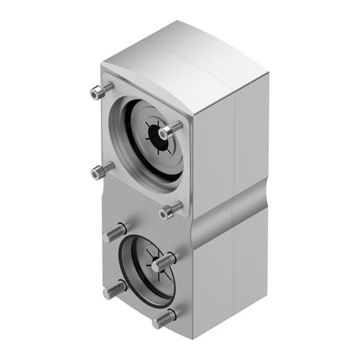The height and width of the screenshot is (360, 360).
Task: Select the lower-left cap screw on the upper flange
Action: [x=102, y=169]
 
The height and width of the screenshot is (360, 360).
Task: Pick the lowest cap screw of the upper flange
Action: [x=170, y=211]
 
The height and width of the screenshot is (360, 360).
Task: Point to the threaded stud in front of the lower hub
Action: [x=165, y=261]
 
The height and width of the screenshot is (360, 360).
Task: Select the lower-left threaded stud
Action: [x=114, y=289]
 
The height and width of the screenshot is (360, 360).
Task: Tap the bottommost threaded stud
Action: [x=164, y=318]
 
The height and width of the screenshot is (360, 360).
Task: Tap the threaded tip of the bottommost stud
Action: [x=157, y=321]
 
